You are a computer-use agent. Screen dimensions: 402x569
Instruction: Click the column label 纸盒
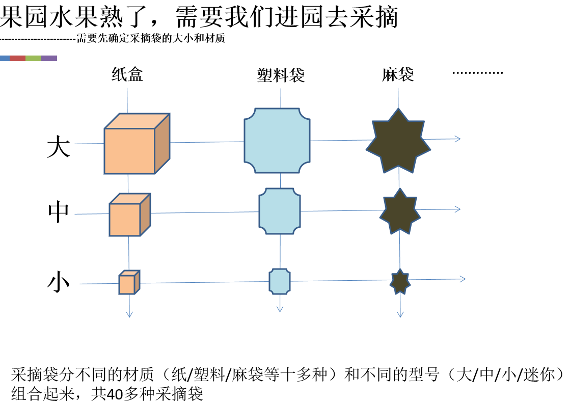pyautogui.click(x=127, y=75)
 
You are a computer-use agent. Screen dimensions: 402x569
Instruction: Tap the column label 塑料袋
pyautogui.click(x=281, y=76)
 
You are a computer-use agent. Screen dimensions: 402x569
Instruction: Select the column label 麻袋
pyautogui.click(x=398, y=75)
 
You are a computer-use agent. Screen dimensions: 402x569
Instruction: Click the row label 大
pyautogui.click(x=58, y=146)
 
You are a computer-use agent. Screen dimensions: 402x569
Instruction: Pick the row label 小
pyautogui.click(x=58, y=282)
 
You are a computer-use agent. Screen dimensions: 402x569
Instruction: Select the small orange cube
pyautogui.click(x=128, y=283)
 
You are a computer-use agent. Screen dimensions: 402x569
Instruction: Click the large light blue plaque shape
pyautogui.click(x=278, y=141)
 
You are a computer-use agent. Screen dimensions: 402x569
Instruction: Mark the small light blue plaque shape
pyautogui.click(x=280, y=281)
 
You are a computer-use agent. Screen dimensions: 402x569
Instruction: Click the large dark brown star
pyautogui.click(x=398, y=140)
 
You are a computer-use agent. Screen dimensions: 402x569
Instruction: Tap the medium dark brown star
pyautogui.click(x=400, y=211)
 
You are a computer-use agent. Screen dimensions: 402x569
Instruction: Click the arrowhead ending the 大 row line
pyautogui.click(x=457, y=139)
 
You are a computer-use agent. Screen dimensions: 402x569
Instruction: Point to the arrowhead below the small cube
pyautogui.click(x=129, y=313)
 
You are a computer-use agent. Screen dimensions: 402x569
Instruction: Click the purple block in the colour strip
pyautogui.click(x=49, y=59)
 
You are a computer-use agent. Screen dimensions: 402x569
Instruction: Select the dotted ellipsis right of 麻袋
pyautogui.click(x=477, y=73)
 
